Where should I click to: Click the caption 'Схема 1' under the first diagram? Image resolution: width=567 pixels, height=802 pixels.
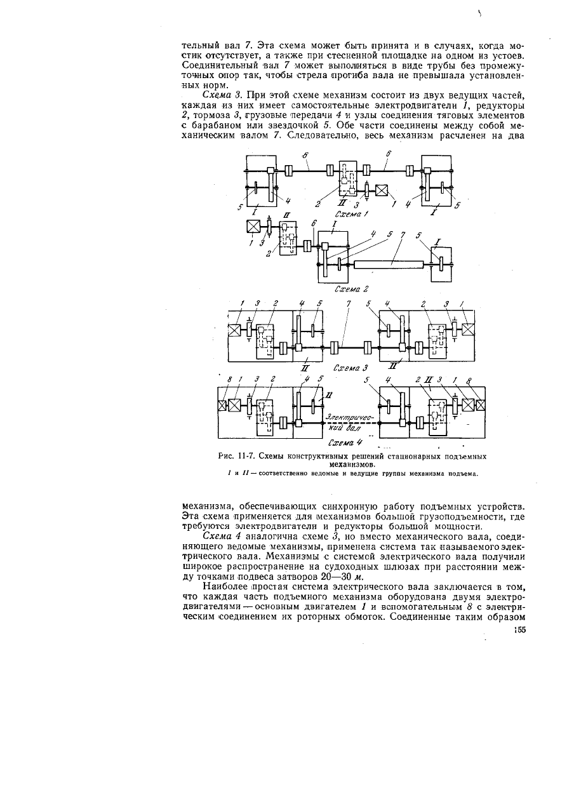point(352,214)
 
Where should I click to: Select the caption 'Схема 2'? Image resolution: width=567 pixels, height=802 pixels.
point(352,289)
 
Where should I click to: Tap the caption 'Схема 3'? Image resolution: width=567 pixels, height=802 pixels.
point(350,368)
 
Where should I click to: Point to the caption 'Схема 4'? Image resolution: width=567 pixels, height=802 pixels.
point(345,443)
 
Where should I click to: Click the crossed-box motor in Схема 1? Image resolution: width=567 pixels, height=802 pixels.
point(382,190)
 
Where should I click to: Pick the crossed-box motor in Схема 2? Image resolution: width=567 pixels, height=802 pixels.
point(253,227)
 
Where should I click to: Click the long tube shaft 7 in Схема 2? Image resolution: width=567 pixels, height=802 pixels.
point(389,264)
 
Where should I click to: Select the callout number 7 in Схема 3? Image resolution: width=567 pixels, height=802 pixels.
point(349,304)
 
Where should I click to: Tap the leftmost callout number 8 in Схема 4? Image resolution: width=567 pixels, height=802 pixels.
point(229,379)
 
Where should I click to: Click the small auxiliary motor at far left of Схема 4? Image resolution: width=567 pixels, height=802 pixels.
point(222,406)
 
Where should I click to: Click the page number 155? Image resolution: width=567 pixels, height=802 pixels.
point(519,630)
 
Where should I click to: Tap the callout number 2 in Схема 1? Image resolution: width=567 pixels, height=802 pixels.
point(317,204)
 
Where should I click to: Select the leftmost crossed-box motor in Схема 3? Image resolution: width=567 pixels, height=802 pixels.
point(234,330)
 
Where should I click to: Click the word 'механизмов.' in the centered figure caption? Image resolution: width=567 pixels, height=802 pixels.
point(352,465)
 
